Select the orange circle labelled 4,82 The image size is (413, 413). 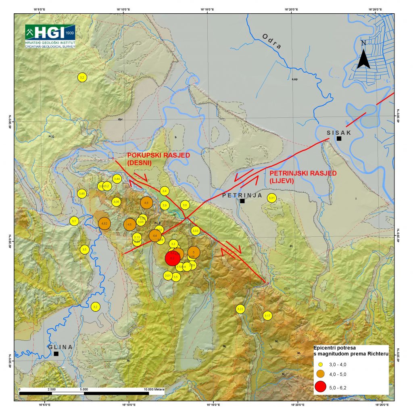tap(104, 223)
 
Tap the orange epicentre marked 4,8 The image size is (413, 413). tap(146, 203)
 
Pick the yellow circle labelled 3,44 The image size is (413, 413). tap(117, 179)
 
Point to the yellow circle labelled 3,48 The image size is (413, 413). tap(82, 194)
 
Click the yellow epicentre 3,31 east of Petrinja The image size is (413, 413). tap(272, 198)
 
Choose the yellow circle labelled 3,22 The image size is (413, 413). tap(240, 309)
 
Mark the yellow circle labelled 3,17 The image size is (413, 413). tap(268, 315)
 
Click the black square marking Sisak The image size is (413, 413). tap(339, 138)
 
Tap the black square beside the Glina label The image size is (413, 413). tap(56, 354)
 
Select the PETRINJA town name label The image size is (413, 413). tap(242, 195)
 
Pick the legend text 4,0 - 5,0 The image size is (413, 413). tap(338, 374)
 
